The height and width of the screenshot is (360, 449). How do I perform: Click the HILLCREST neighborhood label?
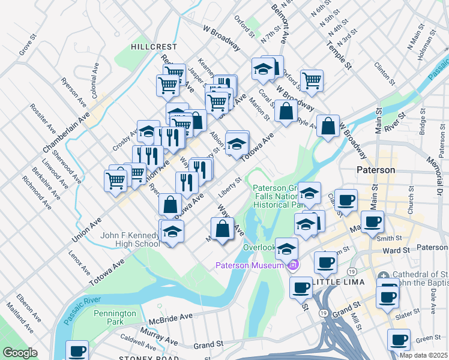pyautogui.click(x=155, y=46)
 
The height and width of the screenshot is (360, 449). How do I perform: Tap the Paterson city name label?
pyautogui.click(x=376, y=170)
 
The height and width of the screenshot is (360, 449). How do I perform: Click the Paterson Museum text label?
pyautogui.click(x=250, y=265)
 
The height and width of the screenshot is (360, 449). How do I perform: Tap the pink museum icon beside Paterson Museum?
pyautogui.click(x=294, y=265)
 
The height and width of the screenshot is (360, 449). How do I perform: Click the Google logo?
pyautogui.click(x=20, y=353)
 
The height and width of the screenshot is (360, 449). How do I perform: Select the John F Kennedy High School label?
pyautogui.click(x=130, y=239)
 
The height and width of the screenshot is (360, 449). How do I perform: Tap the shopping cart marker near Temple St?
pyautogui.click(x=312, y=80)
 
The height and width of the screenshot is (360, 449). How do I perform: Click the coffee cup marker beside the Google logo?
pyautogui.click(x=76, y=351)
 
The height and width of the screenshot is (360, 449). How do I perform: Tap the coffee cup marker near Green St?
pyautogui.click(x=399, y=340)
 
